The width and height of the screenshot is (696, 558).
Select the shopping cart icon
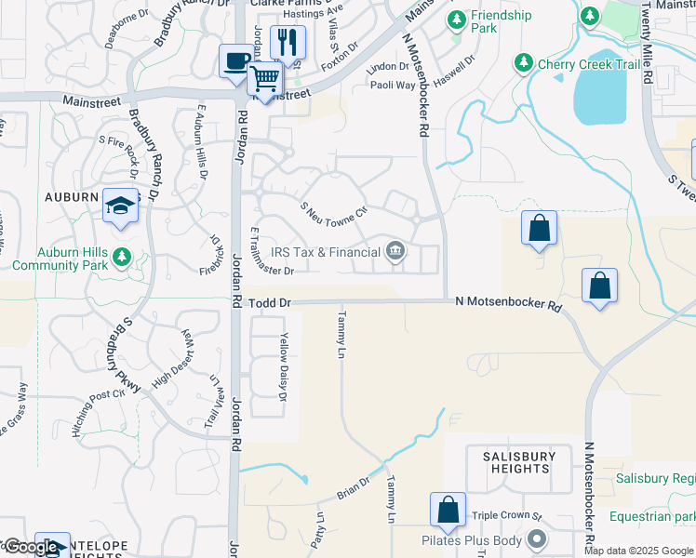[x=265, y=78]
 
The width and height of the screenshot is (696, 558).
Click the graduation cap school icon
[x=120, y=206]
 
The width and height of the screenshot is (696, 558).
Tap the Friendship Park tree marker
[x=457, y=19]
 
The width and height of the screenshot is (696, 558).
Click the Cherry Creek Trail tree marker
[x=524, y=63]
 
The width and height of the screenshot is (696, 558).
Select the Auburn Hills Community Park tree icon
[x=121, y=256]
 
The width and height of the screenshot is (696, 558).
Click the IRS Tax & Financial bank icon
[x=395, y=251]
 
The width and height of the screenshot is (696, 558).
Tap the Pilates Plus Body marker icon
[x=537, y=539]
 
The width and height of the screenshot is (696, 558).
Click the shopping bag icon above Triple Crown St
[x=448, y=511]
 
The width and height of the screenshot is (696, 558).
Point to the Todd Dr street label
[x=272, y=303]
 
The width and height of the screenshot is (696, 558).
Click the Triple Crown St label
[x=506, y=515]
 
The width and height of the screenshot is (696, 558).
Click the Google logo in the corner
[x=31, y=548]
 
